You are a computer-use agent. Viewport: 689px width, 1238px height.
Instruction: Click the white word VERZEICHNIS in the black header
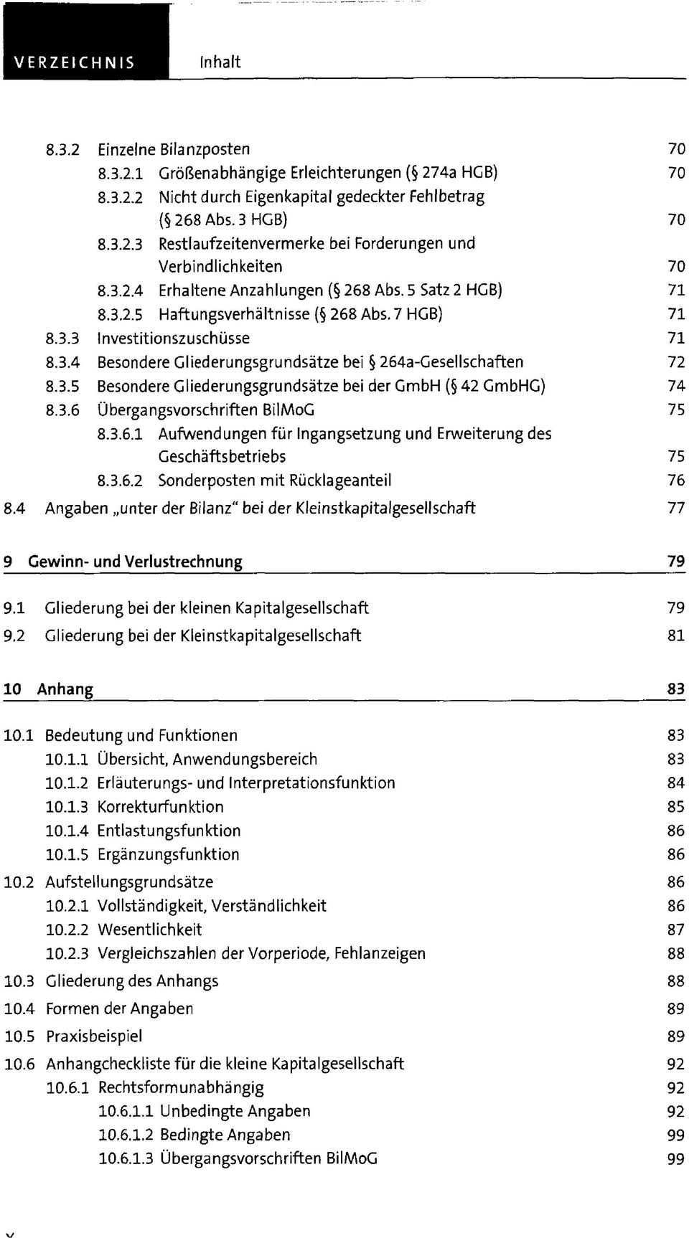point(75,62)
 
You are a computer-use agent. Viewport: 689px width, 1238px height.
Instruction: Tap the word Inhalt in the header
point(220,62)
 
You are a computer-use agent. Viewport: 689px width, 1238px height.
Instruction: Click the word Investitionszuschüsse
point(174,338)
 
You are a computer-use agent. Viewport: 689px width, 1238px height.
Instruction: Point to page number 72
point(676,362)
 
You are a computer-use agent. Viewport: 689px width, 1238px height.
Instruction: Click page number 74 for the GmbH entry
point(676,387)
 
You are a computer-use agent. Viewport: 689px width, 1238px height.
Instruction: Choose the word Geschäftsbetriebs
point(222,457)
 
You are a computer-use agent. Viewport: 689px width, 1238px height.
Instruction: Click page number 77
point(676,509)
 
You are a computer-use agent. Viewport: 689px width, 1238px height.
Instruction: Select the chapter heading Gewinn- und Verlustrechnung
point(135,562)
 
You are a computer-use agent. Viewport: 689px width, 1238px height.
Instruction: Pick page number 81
point(676,636)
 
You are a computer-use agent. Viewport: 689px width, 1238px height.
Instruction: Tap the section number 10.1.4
point(67,831)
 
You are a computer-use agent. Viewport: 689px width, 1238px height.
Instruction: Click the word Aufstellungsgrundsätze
point(129,882)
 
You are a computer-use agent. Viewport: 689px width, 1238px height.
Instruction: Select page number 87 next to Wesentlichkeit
point(676,930)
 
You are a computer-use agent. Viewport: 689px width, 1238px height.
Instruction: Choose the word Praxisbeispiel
point(94,1036)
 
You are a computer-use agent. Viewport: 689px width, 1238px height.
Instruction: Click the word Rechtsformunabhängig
point(181,1088)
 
